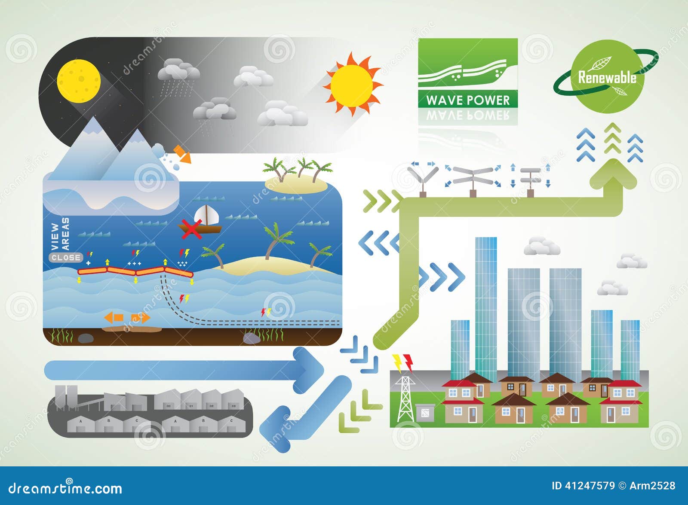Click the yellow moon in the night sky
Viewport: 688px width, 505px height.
click(79, 81)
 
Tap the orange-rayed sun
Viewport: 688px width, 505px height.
click(352, 85)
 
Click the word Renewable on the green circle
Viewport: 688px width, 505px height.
click(607, 78)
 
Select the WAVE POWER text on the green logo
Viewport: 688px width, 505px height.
click(468, 100)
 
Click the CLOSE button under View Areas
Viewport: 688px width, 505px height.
click(66, 258)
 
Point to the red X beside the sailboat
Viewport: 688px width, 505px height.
click(191, 229)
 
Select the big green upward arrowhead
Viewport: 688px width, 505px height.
click(613, 175)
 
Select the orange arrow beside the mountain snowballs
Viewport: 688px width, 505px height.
click(182, 154)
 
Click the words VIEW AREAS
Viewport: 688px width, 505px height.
click(60, 234)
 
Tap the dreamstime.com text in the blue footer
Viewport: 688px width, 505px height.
click(65, 488)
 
